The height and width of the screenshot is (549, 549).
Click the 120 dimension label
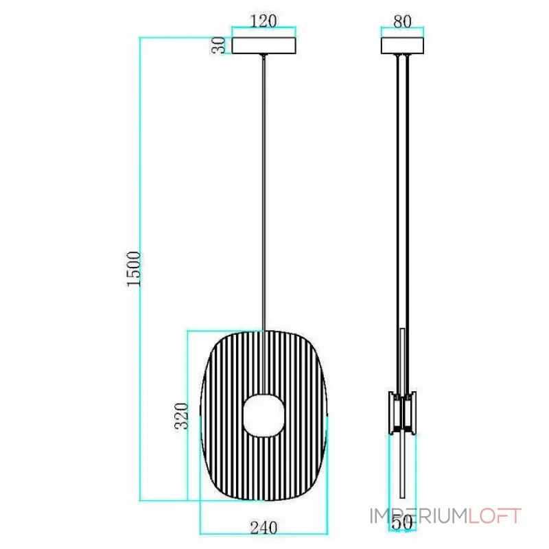pos(264,21)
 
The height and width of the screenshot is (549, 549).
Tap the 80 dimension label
pos(402,21)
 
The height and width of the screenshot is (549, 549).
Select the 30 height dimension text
pos(219,45)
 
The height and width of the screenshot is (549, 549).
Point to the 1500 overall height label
pos(133,269)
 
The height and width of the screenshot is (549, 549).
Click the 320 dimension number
pos(181,416)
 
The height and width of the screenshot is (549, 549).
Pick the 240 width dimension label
pos(264,528)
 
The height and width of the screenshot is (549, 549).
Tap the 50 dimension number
pos(402,523)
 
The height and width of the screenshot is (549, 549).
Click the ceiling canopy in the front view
pos(264,45)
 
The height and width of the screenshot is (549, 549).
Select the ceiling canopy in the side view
pos(402,45)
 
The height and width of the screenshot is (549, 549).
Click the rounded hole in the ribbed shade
pos(264,415)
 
